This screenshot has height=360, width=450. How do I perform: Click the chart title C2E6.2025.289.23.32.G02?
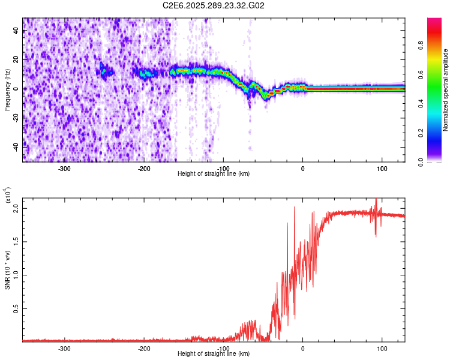[214, 5]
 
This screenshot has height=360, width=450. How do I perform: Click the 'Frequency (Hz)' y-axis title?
[7, 90]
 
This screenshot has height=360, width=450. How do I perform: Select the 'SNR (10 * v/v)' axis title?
[7, 269]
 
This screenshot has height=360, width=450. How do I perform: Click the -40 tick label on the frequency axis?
[14, 145]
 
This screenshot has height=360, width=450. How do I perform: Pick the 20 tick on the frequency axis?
[16, 60]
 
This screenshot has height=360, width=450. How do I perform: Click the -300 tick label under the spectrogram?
[64, 169]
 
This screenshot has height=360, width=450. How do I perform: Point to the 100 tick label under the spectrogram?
[382, 169]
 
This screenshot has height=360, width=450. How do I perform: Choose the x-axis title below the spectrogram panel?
[214, 174]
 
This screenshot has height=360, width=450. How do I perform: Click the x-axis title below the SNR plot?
[214, 354]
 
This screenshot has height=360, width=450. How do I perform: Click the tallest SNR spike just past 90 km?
[376, 200]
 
